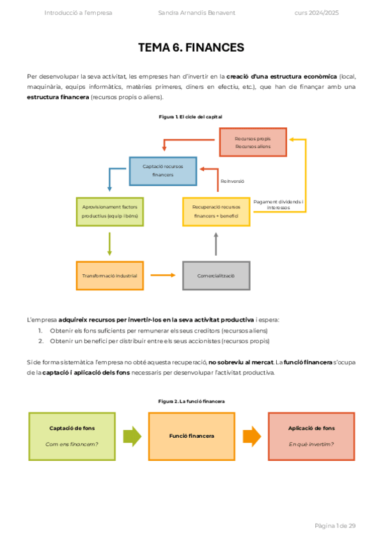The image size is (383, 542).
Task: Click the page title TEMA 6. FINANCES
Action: click(191, 47)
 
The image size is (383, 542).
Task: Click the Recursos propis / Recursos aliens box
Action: click(252, 143)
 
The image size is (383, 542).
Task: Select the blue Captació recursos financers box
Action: click(162, 171)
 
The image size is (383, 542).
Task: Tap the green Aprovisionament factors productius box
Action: click(110, 212)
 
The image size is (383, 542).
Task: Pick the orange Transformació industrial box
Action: click(109, 275)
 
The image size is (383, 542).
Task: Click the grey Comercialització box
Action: click(215, 275)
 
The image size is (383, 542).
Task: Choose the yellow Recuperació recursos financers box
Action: click(215, 212)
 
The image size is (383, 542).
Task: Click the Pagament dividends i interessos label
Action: click(278, 205)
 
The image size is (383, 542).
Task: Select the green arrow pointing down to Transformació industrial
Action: click(110, 244)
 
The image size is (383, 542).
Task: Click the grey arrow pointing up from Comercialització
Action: click(216, 244)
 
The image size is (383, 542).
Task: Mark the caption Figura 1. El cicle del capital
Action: click(190, 116)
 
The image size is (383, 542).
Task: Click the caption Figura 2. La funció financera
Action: click(191, 401)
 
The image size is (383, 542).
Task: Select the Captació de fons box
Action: click(72, 436)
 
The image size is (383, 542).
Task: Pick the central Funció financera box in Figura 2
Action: click(191, 436)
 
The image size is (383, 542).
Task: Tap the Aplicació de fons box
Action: click(311, 436)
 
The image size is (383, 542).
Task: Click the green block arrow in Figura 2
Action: click(132, 436)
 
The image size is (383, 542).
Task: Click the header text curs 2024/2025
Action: click(316, 13)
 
